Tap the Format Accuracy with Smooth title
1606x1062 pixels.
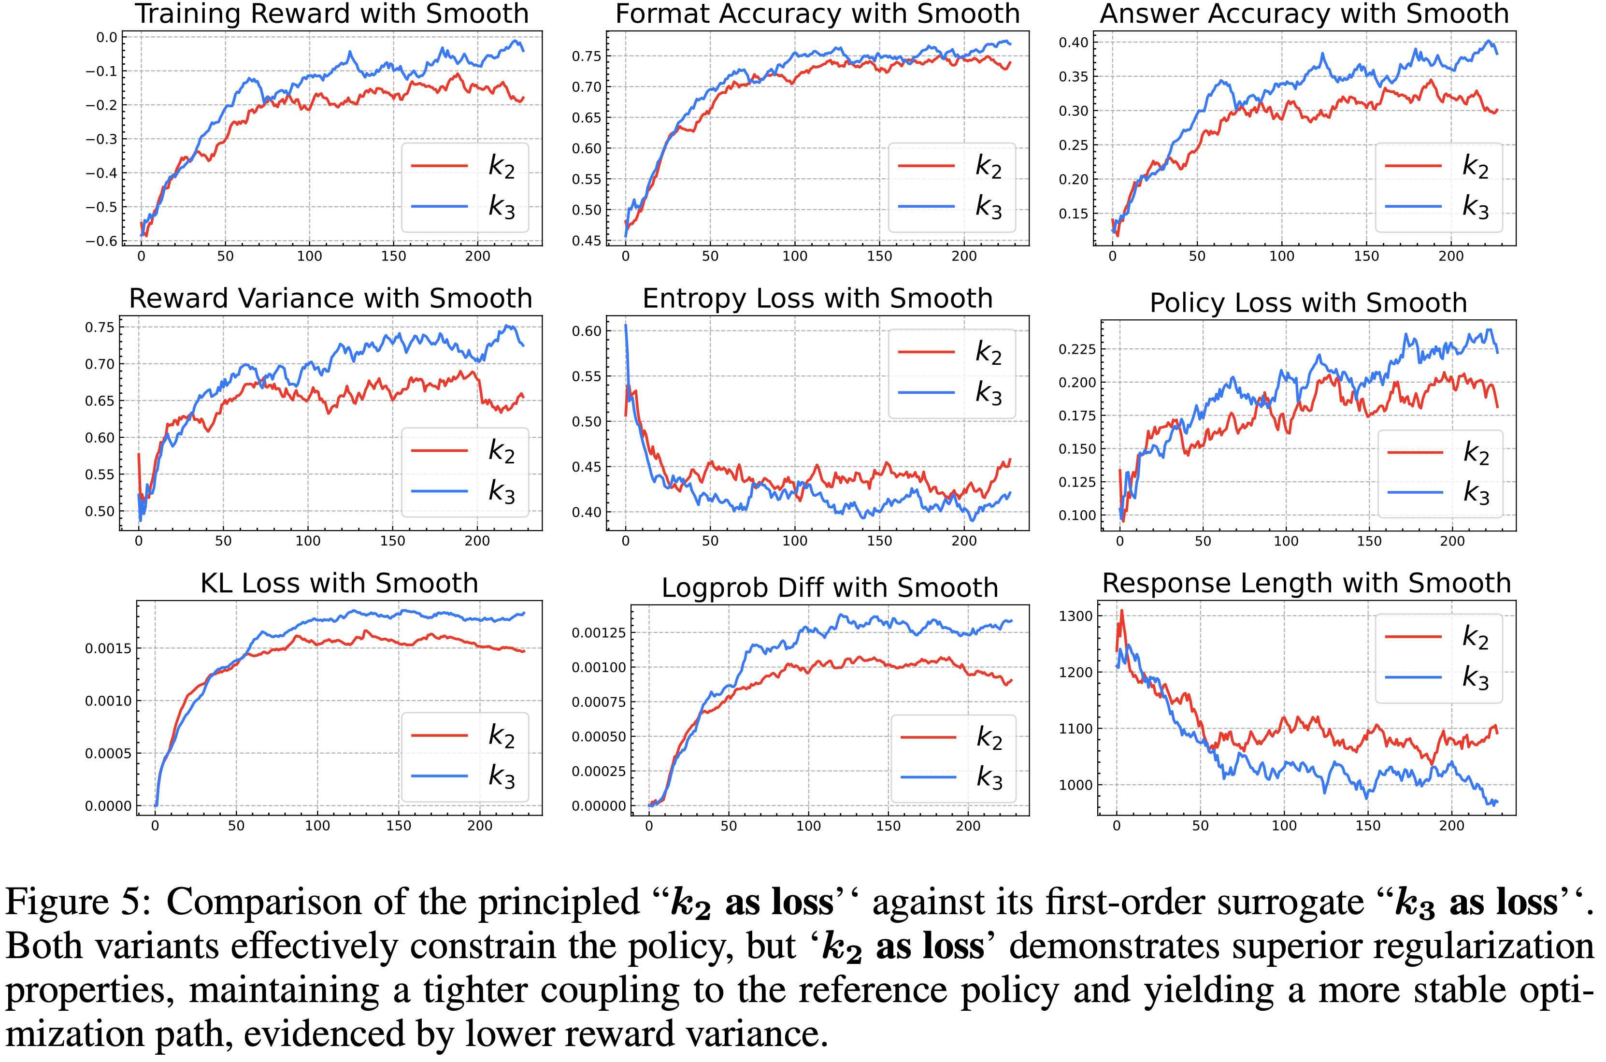click(817, 14)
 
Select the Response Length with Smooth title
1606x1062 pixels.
click(1306, 583)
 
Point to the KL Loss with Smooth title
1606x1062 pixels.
click(339, 583)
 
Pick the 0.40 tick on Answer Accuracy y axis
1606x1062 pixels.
click(1073, 43)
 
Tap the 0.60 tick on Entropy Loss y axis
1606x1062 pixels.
click(587, 331)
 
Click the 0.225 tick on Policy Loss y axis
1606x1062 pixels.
click(1076, 349)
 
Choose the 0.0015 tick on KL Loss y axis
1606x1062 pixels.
click(108, 649)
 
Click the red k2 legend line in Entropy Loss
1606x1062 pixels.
click(926, 352)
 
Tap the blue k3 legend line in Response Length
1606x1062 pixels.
click(1413, 677)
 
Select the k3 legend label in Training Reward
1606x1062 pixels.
click(502, 207)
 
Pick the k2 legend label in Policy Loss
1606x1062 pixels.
click(1476, 452)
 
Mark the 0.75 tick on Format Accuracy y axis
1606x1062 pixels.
click(587, 56)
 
